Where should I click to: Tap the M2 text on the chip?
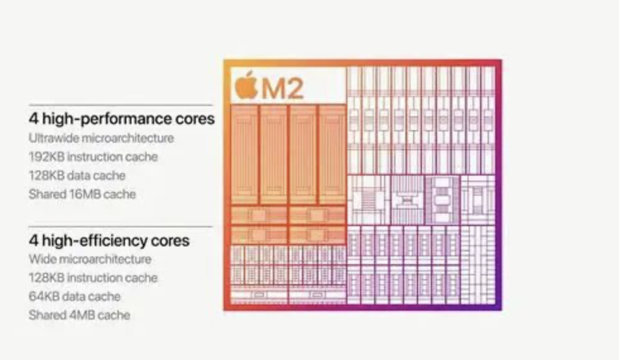[282, 88]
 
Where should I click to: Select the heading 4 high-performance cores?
[121, 119]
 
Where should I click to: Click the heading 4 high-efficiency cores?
[109, 240]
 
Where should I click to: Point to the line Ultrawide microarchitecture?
[101, 138]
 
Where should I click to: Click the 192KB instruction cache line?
[93, 157]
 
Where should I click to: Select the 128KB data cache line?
[77, 176]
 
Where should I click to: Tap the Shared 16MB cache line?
[82, 194]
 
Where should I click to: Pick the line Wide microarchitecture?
[90, 259]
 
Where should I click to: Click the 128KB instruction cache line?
[93, 277]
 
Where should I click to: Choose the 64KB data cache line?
[75, 296]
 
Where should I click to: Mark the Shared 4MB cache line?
[80, 315]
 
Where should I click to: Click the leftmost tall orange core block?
[244, 154]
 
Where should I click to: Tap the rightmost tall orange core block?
[332, 154]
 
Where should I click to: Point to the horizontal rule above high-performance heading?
[121, 105]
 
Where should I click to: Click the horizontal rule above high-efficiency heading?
[121, 227]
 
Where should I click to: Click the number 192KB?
[46, 157]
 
